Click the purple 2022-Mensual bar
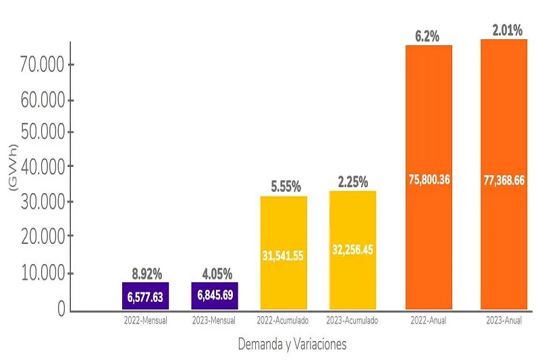pos(145,296)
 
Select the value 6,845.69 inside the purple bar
pos(214,297)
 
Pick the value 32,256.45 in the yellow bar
pos(352,249)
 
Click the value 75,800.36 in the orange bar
pos(429,180)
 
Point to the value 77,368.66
pos(504,181)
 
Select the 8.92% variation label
pos(146,274)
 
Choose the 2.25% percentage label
pos(353,182)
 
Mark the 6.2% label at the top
pos(427,36)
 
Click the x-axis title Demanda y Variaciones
pos(292,344)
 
